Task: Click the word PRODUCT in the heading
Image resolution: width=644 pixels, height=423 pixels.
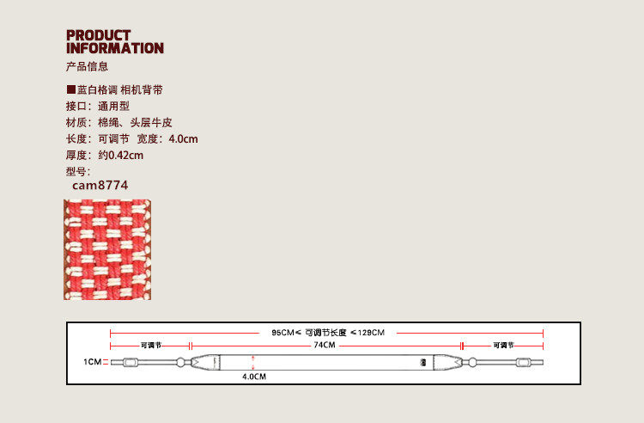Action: click(99, 35)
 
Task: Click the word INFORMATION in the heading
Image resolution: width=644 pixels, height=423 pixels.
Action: click(114, 48)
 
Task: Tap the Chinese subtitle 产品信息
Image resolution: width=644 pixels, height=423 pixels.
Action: click(87, 67)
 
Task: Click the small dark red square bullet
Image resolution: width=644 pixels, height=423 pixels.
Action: click(70, 89)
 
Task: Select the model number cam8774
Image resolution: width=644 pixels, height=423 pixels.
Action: click(100, 184)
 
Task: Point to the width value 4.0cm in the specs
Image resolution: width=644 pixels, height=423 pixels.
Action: click(184, 139)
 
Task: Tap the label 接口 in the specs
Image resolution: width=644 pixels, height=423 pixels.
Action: click(76, 106)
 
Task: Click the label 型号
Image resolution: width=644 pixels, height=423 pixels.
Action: click(76, 171)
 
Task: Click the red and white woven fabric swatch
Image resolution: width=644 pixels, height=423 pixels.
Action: click(108, 249)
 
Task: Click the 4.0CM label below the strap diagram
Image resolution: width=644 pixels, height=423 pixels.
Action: click(253, 377)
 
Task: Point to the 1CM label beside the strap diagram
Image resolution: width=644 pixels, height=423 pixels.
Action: click(92, 363)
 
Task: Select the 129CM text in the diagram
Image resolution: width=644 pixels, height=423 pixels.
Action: click(370, 332)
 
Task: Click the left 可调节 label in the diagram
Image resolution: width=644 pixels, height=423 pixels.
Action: click(151, 345)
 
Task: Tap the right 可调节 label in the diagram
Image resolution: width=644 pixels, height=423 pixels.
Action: click(503, 345)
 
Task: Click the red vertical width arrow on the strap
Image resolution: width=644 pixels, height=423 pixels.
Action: click(253, 362)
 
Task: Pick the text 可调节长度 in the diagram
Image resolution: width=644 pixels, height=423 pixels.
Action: click(325, 332)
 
